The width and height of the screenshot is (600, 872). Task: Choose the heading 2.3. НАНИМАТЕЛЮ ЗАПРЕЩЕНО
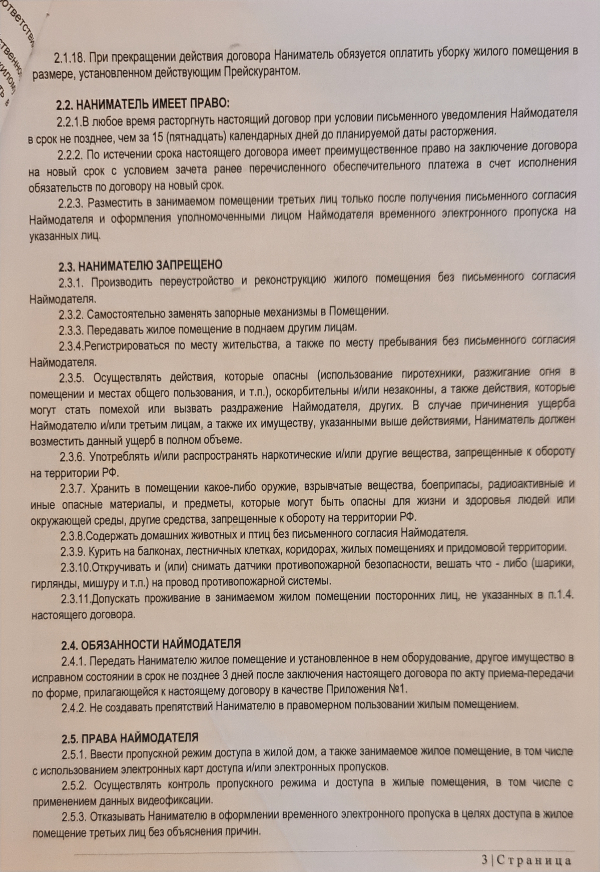[140, 266]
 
